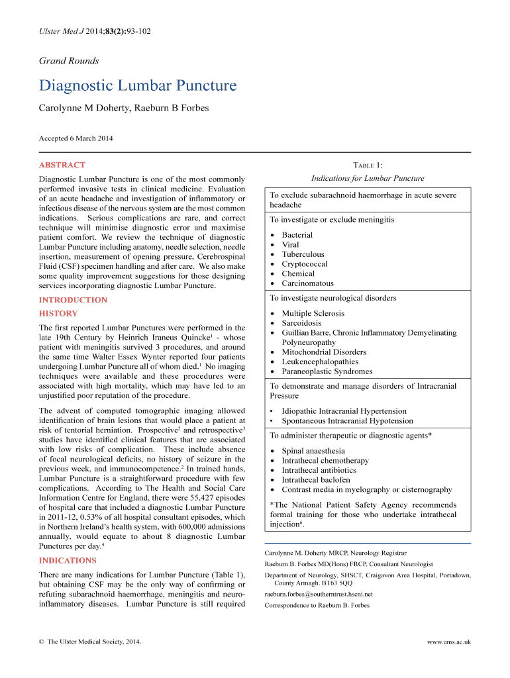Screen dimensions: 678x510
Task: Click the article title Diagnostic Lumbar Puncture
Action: pyautogui.click(x=137, y=86)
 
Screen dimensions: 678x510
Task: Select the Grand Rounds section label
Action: pyautogui.click(x=69, y=61)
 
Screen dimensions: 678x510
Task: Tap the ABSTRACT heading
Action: pyautogui.click(x=62, y=165)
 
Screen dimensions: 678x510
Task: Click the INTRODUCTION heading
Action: pyautogui.click(x=73, y=300)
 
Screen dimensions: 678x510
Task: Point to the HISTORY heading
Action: pyautogui.click(x=58, y=313)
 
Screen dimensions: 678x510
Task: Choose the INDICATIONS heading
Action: pyautogui.click(x=68, y=560)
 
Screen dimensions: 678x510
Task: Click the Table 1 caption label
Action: pyautogui.click(x=368, y=165)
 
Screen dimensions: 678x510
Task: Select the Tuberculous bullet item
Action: pyautogui.click(x=303, y=254)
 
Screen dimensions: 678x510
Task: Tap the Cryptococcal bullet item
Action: pyautogui.click(x=304, y=264)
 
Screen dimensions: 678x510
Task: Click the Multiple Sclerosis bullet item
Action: pyautogui.click(x=313, y=313)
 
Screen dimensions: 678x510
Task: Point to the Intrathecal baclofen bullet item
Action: pyautogui.click(x=316, y=480)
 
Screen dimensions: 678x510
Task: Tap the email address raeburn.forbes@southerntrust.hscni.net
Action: pyautogui.click(x=319, y=594)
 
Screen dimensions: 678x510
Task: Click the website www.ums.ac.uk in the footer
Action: pyautogui.click(x=449, y=642)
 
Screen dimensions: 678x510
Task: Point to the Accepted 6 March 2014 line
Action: pyautogui.click(x=76, y=138)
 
